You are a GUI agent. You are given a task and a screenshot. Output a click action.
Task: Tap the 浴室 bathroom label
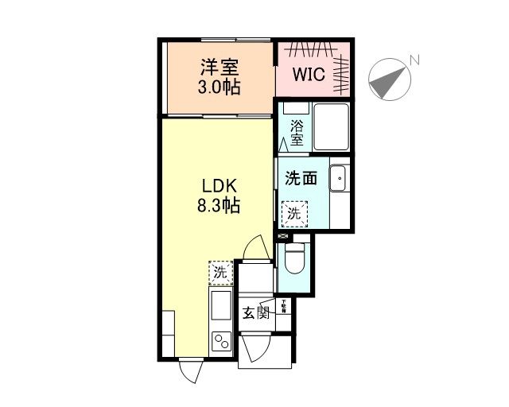pyautogui.click(x=297, y=132)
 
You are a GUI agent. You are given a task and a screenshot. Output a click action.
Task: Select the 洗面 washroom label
pyautogui.click(x=301, y=178)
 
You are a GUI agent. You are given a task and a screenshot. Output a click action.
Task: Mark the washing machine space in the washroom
pyautogui.click(x=293, y=213)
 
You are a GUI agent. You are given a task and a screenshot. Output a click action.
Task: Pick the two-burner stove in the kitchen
pyautogui.click(x=220, y=340)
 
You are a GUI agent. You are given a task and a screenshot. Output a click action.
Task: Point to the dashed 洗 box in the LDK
pyautogui.click(x=220, y=273)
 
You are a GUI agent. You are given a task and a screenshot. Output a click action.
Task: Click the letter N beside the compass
pyautogui.click(x=414, y=60)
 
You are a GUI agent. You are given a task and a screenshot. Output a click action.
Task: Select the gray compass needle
pyautogui.click(x=387, y=82)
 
